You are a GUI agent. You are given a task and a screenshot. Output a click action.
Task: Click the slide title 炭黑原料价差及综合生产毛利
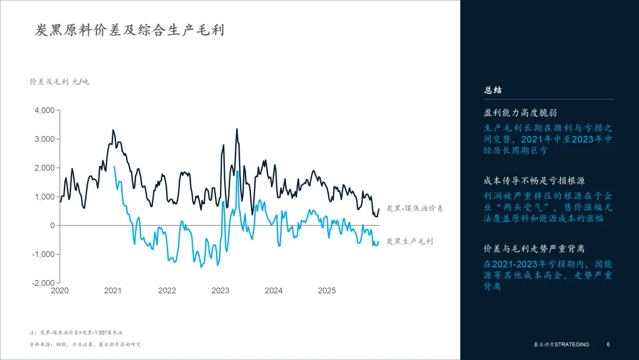(130, 31)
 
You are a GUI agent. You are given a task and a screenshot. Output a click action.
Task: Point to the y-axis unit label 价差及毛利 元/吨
(59, 82)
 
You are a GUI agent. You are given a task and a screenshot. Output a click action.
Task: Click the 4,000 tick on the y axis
(44, 110)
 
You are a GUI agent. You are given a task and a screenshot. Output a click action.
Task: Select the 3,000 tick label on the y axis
(44, 139)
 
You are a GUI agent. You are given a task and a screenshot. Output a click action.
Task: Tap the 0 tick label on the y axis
(51, 226)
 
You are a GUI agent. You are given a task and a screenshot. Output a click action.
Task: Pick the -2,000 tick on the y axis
(43, 283)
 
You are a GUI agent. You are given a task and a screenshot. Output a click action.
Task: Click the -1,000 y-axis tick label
(43, 254)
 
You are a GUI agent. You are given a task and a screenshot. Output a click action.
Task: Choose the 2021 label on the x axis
(113, 291)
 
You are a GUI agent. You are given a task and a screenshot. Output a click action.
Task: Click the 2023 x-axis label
(220, 291)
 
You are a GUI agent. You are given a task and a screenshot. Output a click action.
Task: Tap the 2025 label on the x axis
(327, 291)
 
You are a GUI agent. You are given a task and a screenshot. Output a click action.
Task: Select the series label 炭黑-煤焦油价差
(414, 208)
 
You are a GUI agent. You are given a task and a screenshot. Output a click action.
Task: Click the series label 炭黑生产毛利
(409, 242)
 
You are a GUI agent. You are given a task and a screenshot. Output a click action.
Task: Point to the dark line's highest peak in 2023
(237, 128)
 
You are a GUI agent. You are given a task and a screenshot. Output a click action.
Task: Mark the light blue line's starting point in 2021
(114, 166)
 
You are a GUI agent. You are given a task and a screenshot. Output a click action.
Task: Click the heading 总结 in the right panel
(493, 90)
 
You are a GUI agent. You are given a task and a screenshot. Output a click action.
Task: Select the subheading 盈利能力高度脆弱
(521, 112)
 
